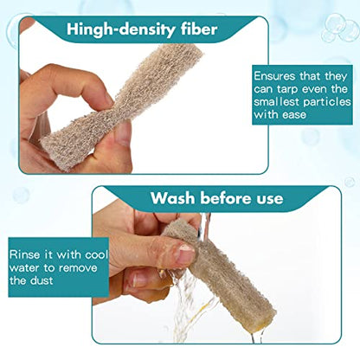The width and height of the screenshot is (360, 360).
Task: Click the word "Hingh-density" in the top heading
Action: pos(121,29)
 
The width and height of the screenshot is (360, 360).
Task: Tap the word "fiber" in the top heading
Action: pos(199,29)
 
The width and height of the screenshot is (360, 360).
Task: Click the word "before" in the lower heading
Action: pos(226,198)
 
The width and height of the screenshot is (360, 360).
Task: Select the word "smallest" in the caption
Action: pos(276,102)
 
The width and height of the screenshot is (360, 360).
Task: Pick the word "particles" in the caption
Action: pos(327,102)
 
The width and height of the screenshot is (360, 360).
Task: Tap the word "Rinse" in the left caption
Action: pos(24,254)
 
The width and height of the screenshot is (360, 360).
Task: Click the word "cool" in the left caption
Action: pos(96,254)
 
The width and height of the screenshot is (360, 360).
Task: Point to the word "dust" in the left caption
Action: pos(42,280)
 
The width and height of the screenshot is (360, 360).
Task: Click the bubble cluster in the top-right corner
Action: pos(341,29)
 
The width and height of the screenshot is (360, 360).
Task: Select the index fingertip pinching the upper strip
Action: pos(106,97)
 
